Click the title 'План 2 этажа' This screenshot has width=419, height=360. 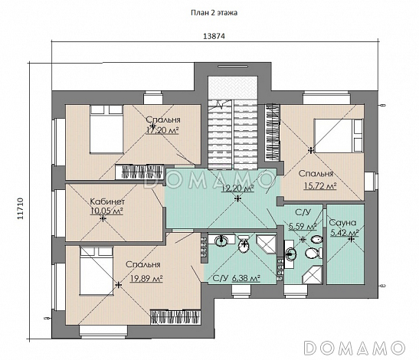coord(214,13)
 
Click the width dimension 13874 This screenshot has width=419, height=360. coord(214,36)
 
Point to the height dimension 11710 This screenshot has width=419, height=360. coord(21,209)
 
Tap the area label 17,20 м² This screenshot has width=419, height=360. coord(162,130)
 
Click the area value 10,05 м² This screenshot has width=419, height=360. coord(107,211)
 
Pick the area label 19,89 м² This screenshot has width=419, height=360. coord(147,279)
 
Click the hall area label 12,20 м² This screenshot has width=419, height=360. coord(237,188)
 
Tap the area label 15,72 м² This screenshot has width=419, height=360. coord(320,185)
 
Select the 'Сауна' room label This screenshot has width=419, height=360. coord(342,223)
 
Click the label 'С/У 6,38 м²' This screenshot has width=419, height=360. coord(237,279)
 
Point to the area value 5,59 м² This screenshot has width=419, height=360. coord(303,227)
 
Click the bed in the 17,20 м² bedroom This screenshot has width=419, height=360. coord(106,129)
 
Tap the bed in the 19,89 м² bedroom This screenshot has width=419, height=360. coord(97,271)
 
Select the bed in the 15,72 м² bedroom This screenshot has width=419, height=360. coord(339,136)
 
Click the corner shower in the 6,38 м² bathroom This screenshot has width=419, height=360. coord(266,244)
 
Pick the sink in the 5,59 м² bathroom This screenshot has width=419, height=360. coord(290,253)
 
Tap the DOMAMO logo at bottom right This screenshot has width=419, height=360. coord(355,348)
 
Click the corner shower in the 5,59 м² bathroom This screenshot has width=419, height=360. coord(313,275)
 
